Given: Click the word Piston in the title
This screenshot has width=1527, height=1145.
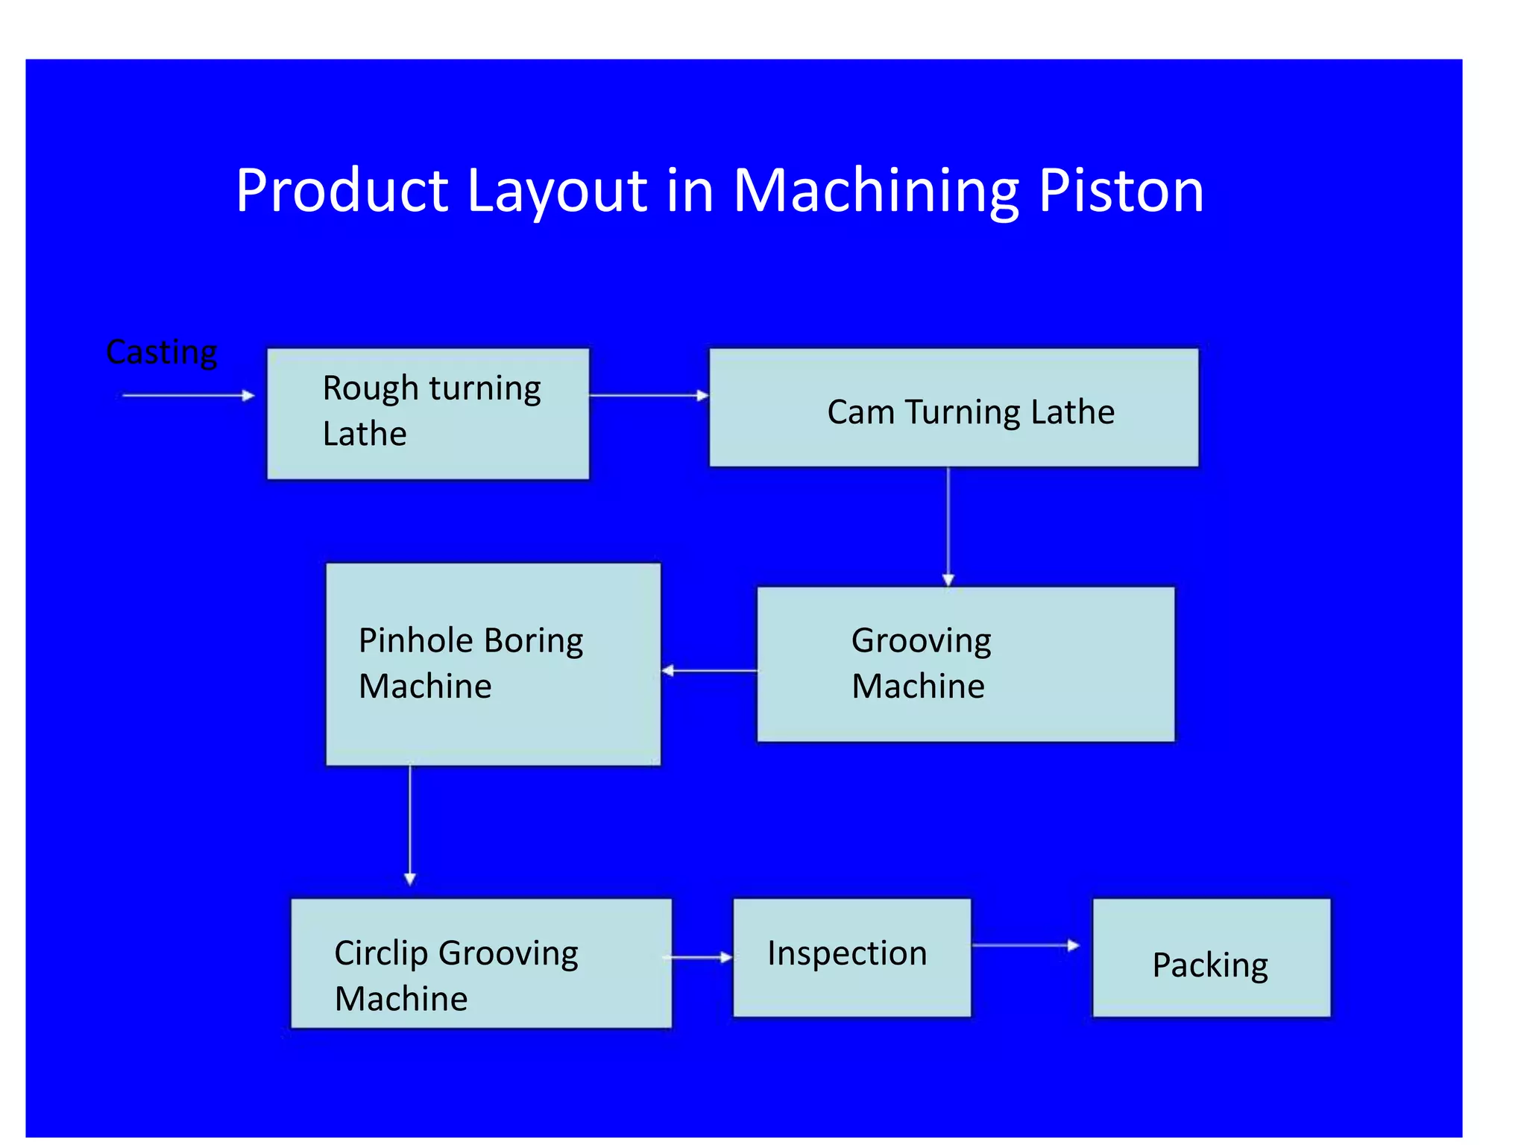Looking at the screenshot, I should tap(1121, 192).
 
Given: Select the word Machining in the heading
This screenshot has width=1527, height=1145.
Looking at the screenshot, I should tap(875, 192).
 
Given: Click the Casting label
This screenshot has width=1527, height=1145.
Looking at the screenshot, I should tap(161, 352).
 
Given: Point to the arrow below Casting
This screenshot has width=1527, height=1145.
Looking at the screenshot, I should tap(188, 395).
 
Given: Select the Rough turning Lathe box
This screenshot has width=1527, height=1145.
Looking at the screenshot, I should tap(428, 414).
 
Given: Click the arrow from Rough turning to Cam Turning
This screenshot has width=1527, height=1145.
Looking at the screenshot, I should tap(648, 395).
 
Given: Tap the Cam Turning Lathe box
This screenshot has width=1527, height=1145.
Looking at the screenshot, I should tap(954, 408).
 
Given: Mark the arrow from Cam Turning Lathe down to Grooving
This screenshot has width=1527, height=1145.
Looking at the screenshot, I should tap(948, 526).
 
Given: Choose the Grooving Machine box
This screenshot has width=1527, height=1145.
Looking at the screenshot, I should tap(966, 664).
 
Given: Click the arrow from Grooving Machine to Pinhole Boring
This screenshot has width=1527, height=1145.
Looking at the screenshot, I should tap(709, 671).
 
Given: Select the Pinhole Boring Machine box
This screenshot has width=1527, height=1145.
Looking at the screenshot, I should tap(493, 664).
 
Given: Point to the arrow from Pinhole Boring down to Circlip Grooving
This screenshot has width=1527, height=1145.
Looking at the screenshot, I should tap(409, 824).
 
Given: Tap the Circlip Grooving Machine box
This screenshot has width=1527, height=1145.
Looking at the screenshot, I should tap(481, 963).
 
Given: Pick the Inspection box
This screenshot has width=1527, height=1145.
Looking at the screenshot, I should tap(851, 957).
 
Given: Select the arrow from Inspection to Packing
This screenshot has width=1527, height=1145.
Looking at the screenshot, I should tap(1025, 945).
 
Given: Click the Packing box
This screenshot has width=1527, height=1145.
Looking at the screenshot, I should tap(1211, 958).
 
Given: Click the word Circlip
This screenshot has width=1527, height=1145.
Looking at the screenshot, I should tap(380, 953).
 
